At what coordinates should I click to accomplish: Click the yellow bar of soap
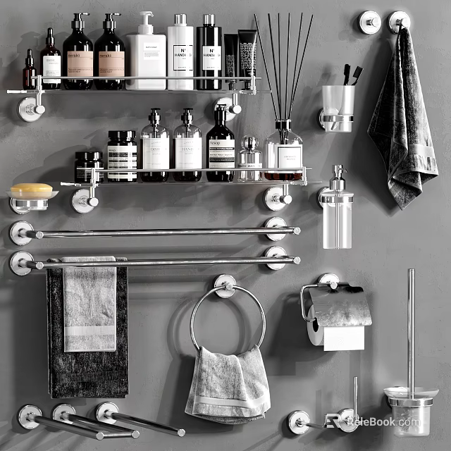(31, 190)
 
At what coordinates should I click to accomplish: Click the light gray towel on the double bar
(89, 307)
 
